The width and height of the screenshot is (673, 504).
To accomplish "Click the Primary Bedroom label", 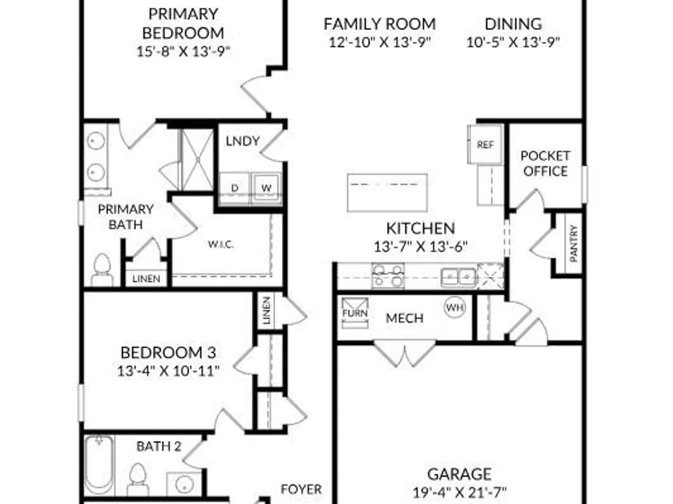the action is pyautogui.click(x=183, y=23).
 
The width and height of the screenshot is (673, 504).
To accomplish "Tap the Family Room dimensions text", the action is pyautogui.click(x=380, y=42).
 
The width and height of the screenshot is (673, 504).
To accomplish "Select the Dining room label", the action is pyautogui.click(x=513, y=24).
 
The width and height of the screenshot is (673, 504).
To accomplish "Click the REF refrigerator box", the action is pyautogui.click(x=485, y=144).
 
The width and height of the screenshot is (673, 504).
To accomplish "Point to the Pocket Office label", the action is pyautogui.click(x=546, y=163).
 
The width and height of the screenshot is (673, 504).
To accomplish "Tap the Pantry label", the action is pyautogui.click(x=573, y=243).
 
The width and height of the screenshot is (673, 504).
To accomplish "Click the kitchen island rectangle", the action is pyautogui.click(x=387, y=192).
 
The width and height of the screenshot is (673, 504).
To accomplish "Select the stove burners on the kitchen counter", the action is pyautogui.click(x=388, y=276).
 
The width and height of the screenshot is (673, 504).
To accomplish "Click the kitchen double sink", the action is pyautogui.click(x=459, y=278).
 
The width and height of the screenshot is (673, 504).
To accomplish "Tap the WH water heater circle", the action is pyautogui.click(x=455, y=307).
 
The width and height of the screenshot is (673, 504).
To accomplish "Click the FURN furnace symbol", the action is pyautogui.click(x=355, y=313).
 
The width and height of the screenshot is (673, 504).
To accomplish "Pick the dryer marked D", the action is pyautogui.click(x=234, y=187).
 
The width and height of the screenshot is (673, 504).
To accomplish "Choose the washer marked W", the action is pyautogui.click(x=267, y=187).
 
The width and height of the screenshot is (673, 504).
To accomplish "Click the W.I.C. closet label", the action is pyautogui.click(x=221, y=245).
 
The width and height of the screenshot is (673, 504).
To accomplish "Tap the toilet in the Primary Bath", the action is pyautogui.click(x=102, y=269).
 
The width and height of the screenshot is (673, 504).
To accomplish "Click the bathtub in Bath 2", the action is pyautogui.click(x=99, y=464).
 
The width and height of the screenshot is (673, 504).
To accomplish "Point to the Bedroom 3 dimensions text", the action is pyautogui.click(x=169, y=371).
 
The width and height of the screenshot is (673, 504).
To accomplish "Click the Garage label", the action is pyautogui.click(x=460, y=474).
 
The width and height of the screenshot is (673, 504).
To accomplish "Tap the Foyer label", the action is pyautogui.click(x=302, y=489).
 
